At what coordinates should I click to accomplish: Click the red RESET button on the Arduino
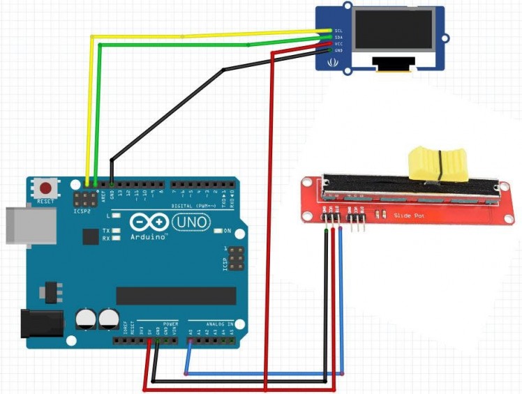click(x=47, y=188)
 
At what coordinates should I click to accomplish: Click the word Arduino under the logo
click(x=149, y=236)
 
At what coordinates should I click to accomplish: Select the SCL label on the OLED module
click(x=338, y=31)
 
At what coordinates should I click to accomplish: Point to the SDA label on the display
click(x=338, y=38)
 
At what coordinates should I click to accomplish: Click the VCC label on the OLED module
click(x=338, y=44)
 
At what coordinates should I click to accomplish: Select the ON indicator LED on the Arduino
click(x=218, y=230)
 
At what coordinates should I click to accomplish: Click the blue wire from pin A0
click(x=265, y=374)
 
